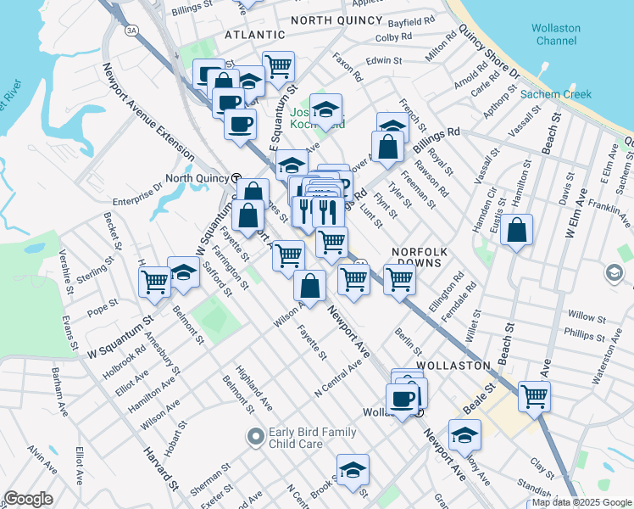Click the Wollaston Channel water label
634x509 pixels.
pyautogui.click(x=556, y=34)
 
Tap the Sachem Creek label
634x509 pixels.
pyautogui.click(x=556, y=94)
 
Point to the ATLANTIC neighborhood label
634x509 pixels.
pyautogui.click(x=254, y=35)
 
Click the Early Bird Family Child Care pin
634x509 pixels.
pyautogui.click(x=255, y=437)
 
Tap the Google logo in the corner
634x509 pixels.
pyautogui.click(x=28, y=499)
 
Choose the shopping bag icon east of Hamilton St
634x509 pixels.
pyautogui.click(x=516, y=231)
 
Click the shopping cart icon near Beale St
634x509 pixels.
pyautogui.click(x=534, y=395)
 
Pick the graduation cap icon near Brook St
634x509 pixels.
pyautogui.click(x=353, y=468)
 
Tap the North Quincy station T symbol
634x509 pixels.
pyautogui.click(x=236, y=178)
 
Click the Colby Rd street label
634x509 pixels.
pyautogui.click(x=393, y=37)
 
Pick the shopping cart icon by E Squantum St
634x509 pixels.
pyautogui.click(x=278, y=65)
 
